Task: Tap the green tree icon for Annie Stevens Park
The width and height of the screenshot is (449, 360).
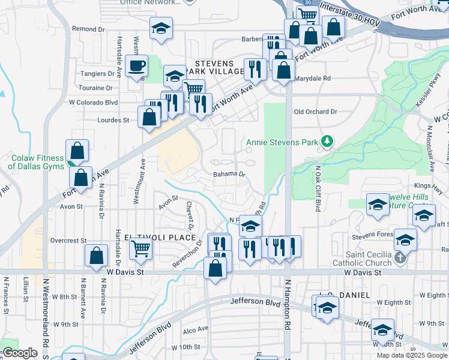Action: pos(327,142)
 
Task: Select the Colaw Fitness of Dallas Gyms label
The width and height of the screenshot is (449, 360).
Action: pos(37,162)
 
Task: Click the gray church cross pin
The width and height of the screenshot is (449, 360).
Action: pos(402,259)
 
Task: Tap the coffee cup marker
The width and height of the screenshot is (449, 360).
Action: pos(137,65)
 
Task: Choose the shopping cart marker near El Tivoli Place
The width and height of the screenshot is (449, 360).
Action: pos(140,247)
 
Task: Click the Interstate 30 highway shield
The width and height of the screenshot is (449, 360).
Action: pos(307,3)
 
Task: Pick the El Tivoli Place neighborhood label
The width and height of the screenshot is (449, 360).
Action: pos(154,238)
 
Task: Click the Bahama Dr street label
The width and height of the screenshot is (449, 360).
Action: pos(229,175)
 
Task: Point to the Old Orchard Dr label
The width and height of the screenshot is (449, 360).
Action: pos(316,112)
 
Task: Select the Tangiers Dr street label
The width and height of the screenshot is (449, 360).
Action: pos(97,74)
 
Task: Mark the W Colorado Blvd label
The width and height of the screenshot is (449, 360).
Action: pos(93,103)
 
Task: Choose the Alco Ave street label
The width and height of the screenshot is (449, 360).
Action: pos(195,329)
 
